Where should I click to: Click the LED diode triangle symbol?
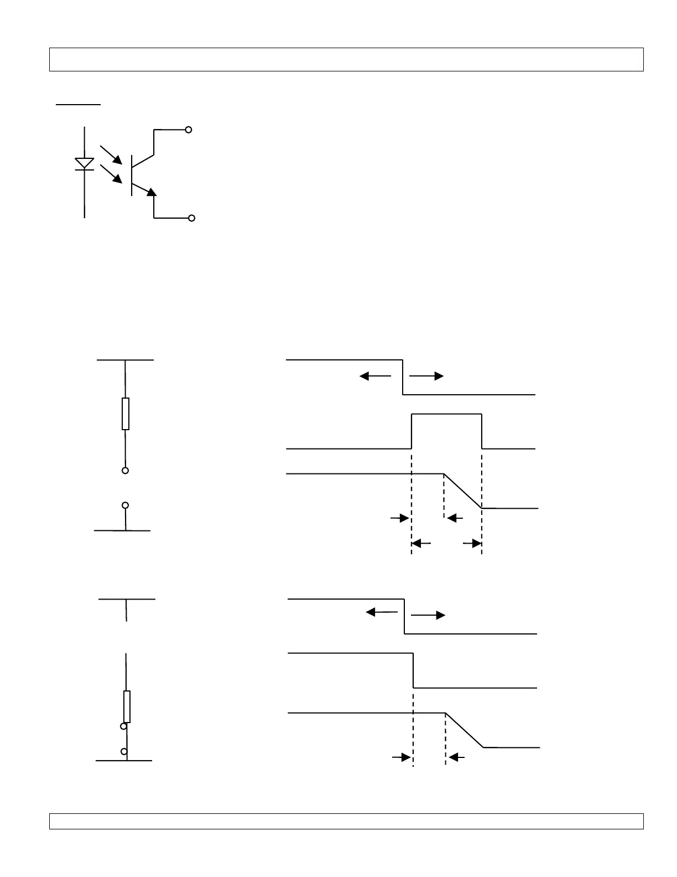(84, 163)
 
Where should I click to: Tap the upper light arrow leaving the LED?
(111, 155)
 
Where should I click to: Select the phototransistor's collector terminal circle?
(189, 130)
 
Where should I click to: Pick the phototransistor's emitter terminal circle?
(192, 218)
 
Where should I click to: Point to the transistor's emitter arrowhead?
(152, 192)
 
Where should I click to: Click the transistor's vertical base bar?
(132, 176)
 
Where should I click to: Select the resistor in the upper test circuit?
(126, 414)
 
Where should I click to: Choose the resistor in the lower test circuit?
(127, 706)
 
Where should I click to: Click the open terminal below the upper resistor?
(126, 471)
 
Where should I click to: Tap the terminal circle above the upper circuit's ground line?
(126, 505)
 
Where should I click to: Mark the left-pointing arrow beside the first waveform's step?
(375, 376)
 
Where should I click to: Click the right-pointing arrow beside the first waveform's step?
(427, 376)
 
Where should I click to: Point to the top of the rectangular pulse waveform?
(446, 414)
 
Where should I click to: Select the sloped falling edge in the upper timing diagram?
(463, 491)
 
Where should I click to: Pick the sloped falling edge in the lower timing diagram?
(465, 730)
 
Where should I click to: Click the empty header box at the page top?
(346, 60)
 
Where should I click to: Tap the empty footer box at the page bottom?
(346, 821)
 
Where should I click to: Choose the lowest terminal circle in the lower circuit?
(124, 751)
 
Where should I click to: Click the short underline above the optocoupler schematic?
(78, 104)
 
